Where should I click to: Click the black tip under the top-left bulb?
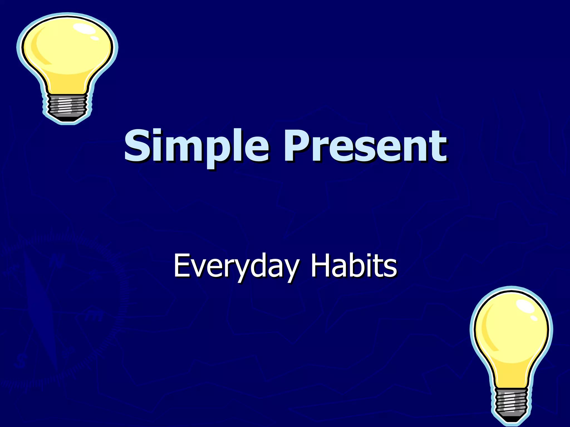(x=67, y=119)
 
